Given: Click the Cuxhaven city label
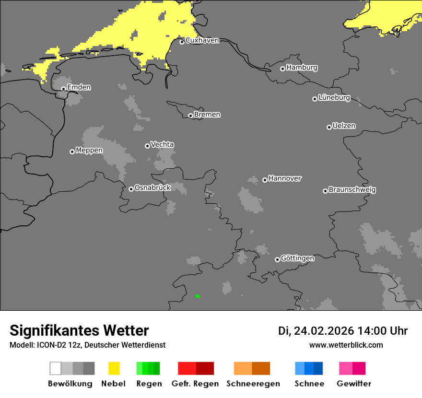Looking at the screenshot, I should [202, 40].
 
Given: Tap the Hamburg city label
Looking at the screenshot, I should [302, 68].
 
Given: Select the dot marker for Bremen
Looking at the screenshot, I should [190, 116].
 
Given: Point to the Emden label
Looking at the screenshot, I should [79, 87].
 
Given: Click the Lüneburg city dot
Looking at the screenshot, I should [315, 99].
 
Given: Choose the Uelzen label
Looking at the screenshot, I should [344, 126].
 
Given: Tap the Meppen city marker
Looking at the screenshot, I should [72, 152].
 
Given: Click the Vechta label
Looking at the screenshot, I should [162, 144].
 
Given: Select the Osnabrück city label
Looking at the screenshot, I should [152, 188].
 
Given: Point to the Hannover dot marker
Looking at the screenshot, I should [265, 180].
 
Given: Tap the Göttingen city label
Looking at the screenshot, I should [297, 258].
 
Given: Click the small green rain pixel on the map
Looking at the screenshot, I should [198, 296].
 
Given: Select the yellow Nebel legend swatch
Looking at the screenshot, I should [114, 368].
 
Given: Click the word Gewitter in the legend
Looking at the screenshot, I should [354, 384].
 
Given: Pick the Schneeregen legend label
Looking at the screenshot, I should [253, 384].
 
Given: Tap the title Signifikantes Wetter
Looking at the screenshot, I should [79, 330].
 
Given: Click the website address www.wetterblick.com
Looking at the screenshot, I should [346, 345].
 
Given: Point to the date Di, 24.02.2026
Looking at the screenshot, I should [316, 331].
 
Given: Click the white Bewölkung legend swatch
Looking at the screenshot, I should [56, 368].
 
